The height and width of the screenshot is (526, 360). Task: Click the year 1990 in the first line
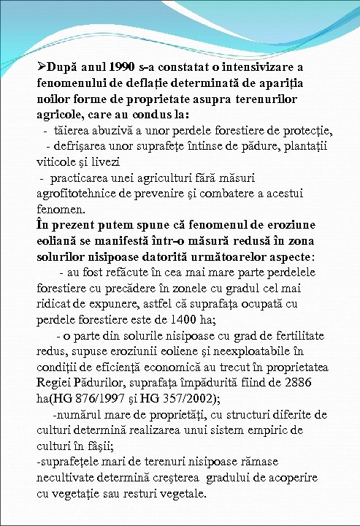tap(115, 67)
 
